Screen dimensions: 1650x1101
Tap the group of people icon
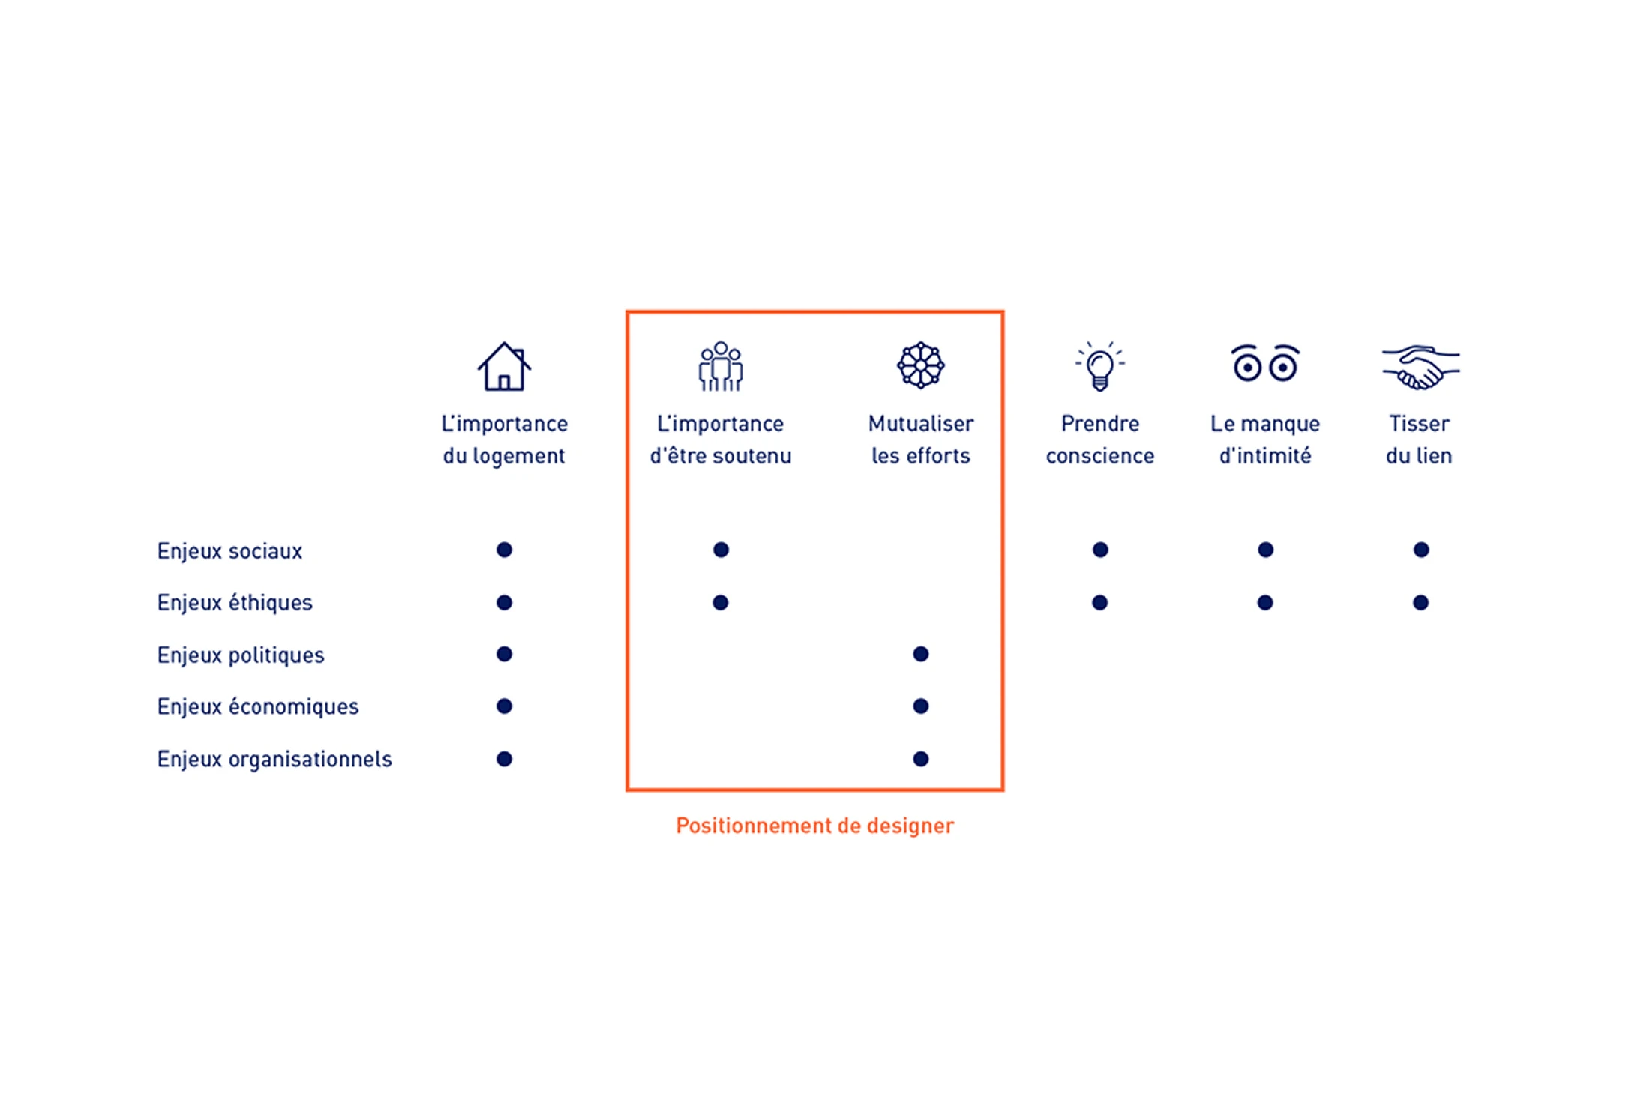[x=721, y=366]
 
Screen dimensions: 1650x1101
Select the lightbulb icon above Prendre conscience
[x=1100, y=366]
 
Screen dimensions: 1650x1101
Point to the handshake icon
[x=1420, y=367]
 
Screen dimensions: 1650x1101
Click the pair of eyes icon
[x=1265, y=363]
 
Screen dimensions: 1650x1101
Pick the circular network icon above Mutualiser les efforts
[x=921, y=365]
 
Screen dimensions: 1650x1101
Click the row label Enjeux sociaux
[x=229, y=551]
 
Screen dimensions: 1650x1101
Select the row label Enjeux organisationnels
[x=274, y=759]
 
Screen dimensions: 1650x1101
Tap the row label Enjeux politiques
[x=241, y=655]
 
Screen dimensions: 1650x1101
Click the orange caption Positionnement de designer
[x=814, y=826]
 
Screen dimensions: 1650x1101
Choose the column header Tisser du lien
[x=1419, y=439]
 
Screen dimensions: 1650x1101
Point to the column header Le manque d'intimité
[x=1265, y=439]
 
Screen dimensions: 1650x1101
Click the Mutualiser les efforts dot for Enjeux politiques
[x=921, y=654]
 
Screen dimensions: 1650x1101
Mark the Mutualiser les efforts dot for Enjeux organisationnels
[x=921, y=759]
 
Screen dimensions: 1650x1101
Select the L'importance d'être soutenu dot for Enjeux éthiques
[x=721, y=602]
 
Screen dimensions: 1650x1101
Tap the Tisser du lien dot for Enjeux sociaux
[x=1421, y=550]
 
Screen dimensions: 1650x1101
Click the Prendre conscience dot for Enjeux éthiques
[x=1100, y=602]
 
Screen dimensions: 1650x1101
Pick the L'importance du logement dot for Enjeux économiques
[x=504, y=706]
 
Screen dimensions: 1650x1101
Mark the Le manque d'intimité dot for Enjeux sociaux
[x=1266, y=550]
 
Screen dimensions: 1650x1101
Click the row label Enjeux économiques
[x=258, y=706]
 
